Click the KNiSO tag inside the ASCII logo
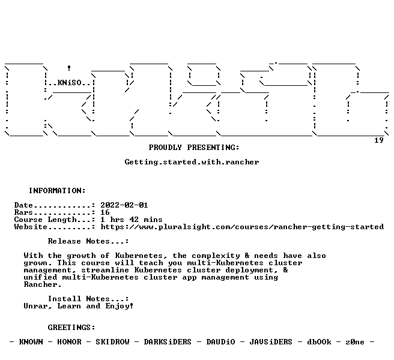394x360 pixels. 70,83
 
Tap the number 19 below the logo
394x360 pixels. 379,140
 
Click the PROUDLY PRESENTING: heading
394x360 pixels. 194,148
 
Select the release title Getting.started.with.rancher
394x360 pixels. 192,162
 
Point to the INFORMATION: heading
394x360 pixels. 57,191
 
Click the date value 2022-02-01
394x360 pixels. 124,205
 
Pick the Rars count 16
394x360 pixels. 105,212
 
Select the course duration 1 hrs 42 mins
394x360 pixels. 132,220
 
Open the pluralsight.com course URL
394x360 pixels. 242,227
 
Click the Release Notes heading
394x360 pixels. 88,241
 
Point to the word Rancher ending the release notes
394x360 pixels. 43,284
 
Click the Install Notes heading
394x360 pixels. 88,299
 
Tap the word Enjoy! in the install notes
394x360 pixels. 120,306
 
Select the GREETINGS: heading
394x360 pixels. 71,328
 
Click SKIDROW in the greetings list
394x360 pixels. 112,342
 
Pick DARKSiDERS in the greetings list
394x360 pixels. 168,342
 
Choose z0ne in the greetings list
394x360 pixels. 355,342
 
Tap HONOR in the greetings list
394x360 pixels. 69,342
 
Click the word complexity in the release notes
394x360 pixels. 216,256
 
